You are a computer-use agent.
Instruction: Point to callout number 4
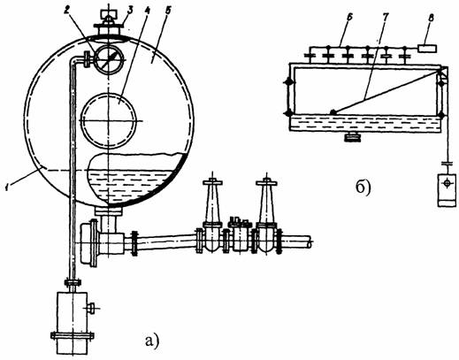coord(147,11)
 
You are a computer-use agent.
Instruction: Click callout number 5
coord(168,11)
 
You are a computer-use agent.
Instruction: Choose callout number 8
coord(431,18)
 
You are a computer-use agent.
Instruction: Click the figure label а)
coord(152,341)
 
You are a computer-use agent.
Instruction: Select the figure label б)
coord(363,188)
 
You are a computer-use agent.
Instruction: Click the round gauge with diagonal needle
coord(108,59)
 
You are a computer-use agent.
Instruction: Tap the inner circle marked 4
coord(109,120)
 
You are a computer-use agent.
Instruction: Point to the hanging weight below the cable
coord(447,190)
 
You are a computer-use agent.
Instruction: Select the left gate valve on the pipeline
coord(212,216)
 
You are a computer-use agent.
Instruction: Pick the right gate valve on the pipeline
coord(266,216)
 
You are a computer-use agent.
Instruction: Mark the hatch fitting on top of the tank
coord(109,24)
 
